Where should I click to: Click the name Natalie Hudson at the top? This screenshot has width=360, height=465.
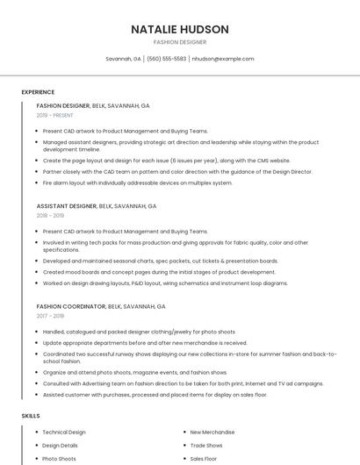pyautogui.click(x=180, y=29)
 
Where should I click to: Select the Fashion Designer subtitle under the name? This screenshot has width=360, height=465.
pyautogui.click(x=180, y=42)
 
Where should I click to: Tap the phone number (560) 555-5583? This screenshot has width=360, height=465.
pyautogui.click(x=167, y=59)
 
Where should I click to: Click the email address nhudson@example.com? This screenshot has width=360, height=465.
pyautogui.click(x=223, y=59)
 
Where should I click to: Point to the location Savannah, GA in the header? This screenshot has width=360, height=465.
pyautogui.click(x=124, y=59)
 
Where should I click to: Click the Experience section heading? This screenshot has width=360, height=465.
pyautogui.click(x=38, y=92)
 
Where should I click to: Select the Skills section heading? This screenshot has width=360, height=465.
pyautogui.click(x=31, y=415)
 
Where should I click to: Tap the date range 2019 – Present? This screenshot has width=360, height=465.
pyautogui.click(x=55, y=115)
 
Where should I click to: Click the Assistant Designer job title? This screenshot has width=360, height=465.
pyautogui.click(x=67, y=206)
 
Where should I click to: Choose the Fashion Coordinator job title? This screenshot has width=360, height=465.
pyautogui.click(x=71, y=307)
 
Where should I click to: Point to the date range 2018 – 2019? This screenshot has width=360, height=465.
pyautogui.click(x=50, y=215)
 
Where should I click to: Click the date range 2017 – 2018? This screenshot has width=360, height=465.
pyautogui.click(x=50, y=316)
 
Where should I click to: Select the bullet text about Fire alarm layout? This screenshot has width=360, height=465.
pyautogui.click(x=137, y=183)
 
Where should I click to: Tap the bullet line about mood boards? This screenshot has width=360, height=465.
pyautogui.click(x=152, y=272)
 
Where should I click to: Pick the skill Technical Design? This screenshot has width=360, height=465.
pyautogui.click(x=64, y=433)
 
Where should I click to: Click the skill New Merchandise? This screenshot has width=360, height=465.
pyautogui.click(x=212, y=433)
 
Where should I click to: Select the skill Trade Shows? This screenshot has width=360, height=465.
pyautogui.click(x=207, y=446)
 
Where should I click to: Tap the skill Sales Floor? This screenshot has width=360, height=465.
pyautogui.click(x=204, y=459)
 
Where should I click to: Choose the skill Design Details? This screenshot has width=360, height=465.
pyautogui.click(x=60, y=446)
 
